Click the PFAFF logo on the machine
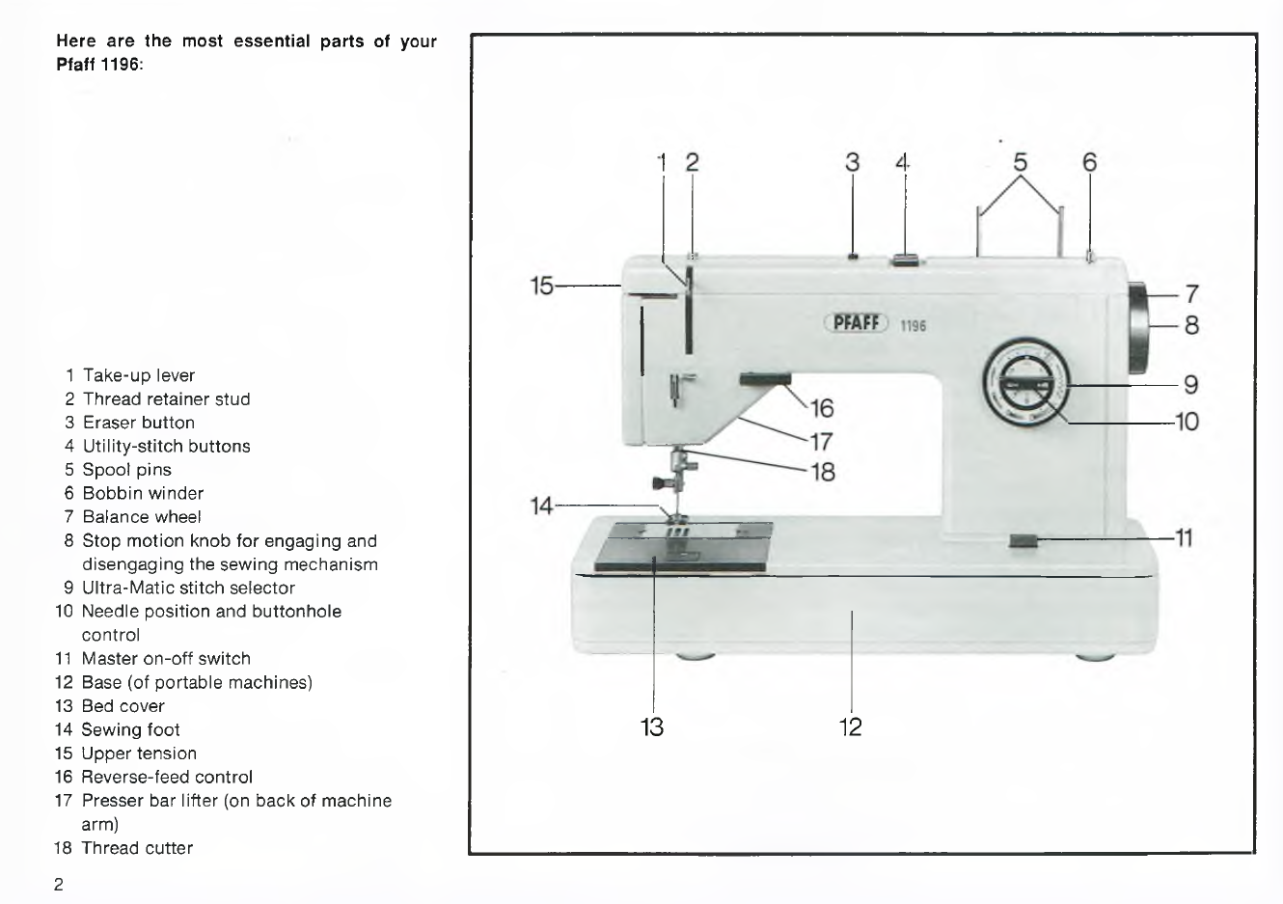(856, 323)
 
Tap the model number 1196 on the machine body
(913, 326)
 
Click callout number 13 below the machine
(653, 726)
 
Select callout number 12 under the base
(851, 726)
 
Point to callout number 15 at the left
(542, 286)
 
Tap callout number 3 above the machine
(852, 162)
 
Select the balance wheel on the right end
(1138, 328)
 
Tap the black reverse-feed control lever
(766, 380)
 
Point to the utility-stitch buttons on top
(905, 259)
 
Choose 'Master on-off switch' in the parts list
(165, 659)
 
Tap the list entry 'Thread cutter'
(136, 848)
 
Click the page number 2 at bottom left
(59, 885)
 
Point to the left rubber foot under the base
(694, 656)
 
